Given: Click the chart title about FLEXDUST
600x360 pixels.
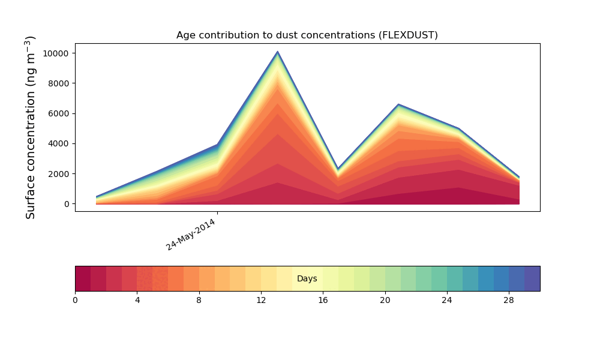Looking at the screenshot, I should pos(307,35).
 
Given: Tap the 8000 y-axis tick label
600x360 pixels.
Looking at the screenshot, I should pos(59,83).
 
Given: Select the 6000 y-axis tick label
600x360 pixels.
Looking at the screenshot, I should pos(59,113).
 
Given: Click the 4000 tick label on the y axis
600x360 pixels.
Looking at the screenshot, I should pos(59,144).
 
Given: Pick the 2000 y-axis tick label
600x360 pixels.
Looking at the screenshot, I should pos(59,174).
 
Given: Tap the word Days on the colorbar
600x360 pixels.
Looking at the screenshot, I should pos(307,279).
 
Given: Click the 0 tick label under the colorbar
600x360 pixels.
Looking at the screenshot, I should pos(75,300).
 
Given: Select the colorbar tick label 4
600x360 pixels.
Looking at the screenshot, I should pos(137,300).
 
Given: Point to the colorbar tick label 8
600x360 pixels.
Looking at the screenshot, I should pos(199,300).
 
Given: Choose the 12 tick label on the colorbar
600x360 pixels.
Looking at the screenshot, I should pos(261,300).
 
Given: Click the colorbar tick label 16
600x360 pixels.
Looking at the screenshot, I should pos(323,300).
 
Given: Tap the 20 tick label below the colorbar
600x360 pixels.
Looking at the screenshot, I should pos(385,300).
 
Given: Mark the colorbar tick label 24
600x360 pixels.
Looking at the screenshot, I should pos(447,300).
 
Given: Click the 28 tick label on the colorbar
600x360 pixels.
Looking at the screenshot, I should pos(509,300).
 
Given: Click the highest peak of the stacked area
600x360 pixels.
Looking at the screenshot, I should pos(277,53).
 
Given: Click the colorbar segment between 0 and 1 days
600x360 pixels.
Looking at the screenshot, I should pos(83,278).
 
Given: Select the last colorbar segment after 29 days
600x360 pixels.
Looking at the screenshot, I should pos(532,278).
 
